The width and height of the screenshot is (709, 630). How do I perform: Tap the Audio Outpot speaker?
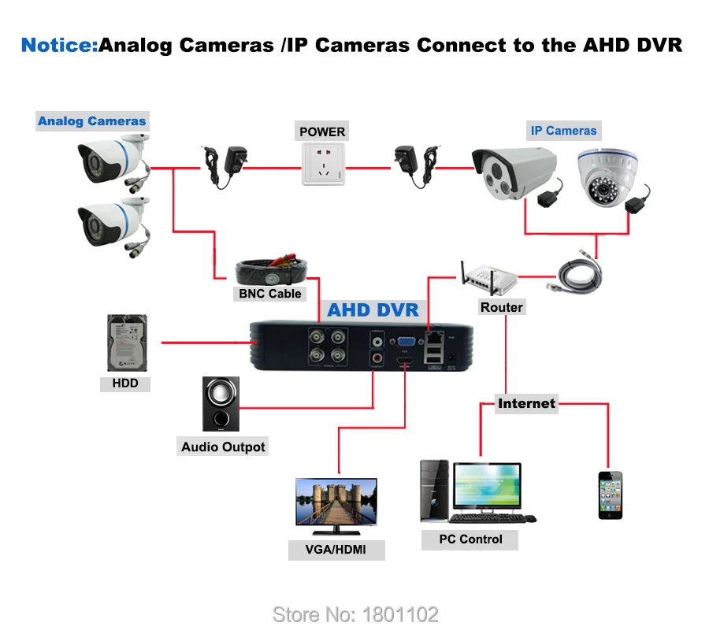click(220, 405)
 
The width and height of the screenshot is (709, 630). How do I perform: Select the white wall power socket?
click(322, 165)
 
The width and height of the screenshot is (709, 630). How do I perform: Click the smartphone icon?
click(609, 495)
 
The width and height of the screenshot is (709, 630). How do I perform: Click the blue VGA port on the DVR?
click(406, 343)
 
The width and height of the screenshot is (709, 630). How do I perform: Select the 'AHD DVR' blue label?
click(373, 309)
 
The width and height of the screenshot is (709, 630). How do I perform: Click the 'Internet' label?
click(526, 403)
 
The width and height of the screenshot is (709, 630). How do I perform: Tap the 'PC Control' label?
click(470, 539)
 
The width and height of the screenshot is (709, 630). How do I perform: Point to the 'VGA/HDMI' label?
click(336, 549)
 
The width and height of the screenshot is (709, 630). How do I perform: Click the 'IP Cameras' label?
click(563, 131)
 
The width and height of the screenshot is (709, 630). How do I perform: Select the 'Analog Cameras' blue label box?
click(92, 121)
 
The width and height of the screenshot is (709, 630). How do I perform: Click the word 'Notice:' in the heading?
click(59, 45)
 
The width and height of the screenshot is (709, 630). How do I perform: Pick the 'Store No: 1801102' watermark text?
click(354, 614)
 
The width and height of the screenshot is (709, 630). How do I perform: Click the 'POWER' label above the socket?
click(322, 132)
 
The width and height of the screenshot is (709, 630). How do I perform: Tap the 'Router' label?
click(501, 307)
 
